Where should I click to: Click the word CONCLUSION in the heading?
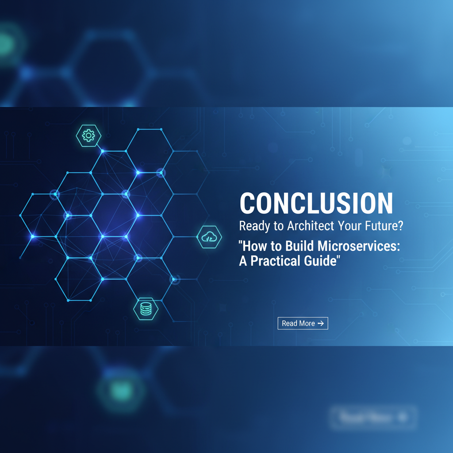316,203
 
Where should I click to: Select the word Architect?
310,226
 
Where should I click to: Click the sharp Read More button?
303,323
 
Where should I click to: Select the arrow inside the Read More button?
321,323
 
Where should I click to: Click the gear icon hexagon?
88,135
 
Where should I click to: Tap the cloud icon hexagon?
209,238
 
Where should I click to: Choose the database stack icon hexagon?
146,309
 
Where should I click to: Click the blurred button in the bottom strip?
372,417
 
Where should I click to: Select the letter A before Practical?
243,261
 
